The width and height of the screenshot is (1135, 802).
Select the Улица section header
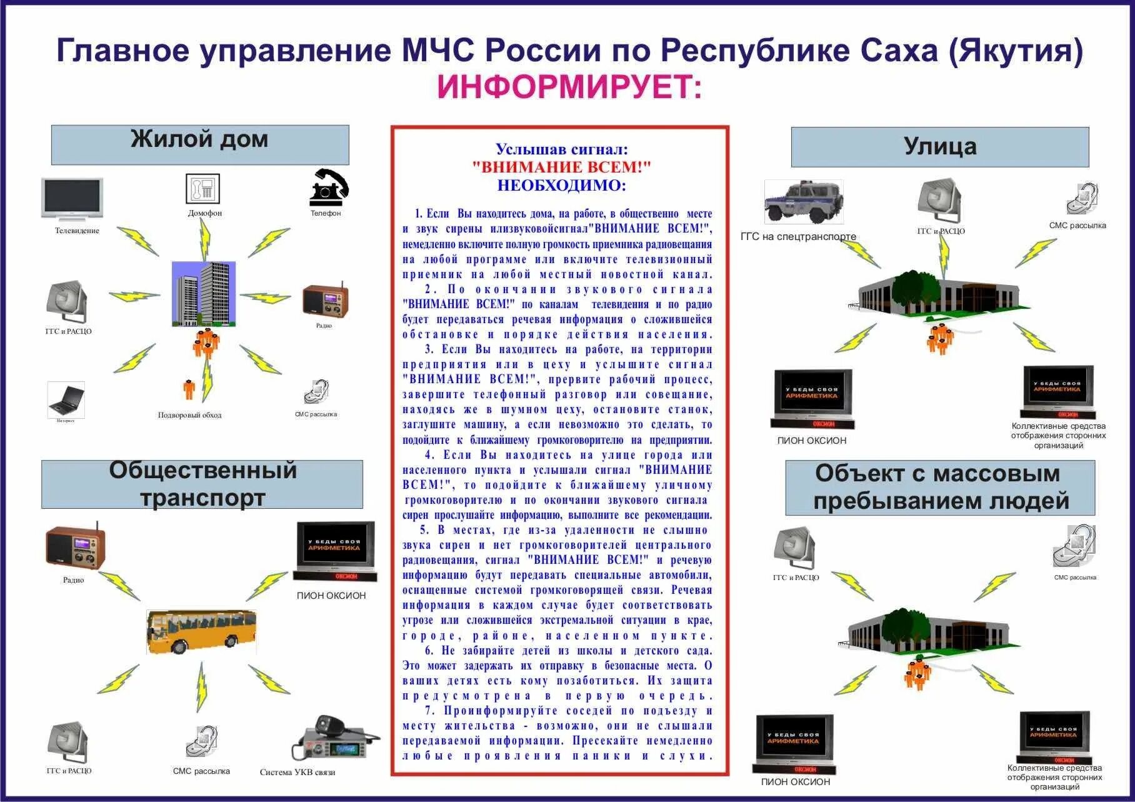(x=939, y=147)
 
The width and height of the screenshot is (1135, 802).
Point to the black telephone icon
(x=329, y=187)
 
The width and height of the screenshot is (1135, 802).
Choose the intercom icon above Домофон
(x=203, y=188)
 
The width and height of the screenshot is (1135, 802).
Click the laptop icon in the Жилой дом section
(x=66, y=399)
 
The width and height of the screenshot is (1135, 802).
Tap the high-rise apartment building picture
(x=204, y=294)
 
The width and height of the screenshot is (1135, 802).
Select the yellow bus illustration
(x=201, y=631)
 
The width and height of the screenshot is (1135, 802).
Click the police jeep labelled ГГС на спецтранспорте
(x=804, y=202)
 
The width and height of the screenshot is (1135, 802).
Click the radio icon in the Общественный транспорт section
(x=75, y=547)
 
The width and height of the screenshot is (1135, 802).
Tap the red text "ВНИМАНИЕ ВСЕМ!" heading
(x=562, y=167)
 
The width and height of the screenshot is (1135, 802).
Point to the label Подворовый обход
(x=189, y=415)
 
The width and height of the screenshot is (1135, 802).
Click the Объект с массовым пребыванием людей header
(x=939, y=487)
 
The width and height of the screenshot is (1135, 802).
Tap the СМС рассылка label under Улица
(x=1077, y=226)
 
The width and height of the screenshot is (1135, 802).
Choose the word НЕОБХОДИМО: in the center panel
(x=562, y=186)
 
